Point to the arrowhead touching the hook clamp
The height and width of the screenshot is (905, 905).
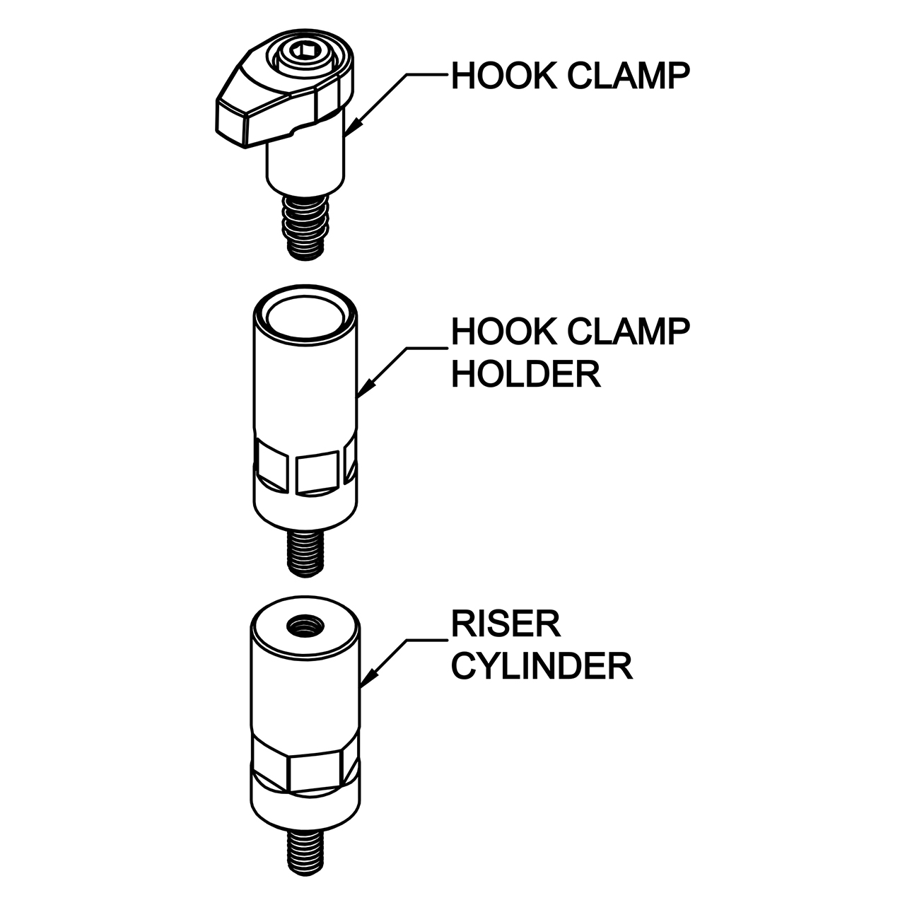coord(355,125)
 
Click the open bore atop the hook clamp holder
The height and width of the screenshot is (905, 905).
coord(305,318)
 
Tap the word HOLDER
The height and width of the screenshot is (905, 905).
coord(526,374)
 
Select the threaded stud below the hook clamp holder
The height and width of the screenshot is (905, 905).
coord(305,553)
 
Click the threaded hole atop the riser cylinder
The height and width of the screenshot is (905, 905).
coord(305,626)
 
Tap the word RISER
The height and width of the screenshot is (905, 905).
coord(506,624)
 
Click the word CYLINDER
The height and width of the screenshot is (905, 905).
coord(542,666)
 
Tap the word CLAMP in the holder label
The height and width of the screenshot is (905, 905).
coord(629,332)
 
